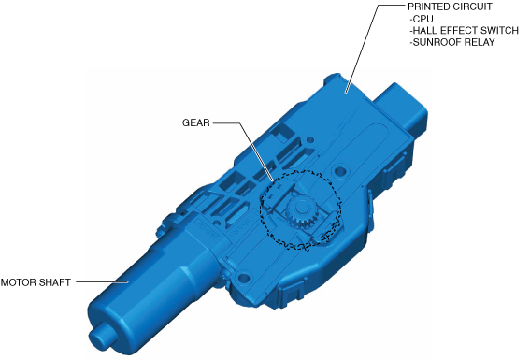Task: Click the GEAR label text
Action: click(196, 122)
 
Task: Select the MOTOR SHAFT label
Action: click(36, 282)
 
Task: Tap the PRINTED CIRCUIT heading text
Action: click(450, 7)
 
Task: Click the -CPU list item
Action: click(422, 19)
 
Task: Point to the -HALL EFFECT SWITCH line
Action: click(464, 31)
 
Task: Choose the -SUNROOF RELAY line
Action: click(452, 42)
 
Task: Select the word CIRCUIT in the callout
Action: click(472, 7)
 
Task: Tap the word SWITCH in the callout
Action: click(499, 31)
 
